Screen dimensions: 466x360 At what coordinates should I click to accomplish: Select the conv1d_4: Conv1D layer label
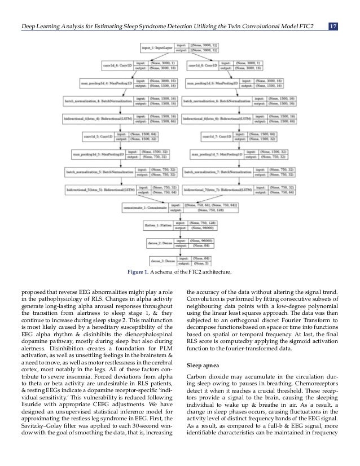(x=116, y=65)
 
